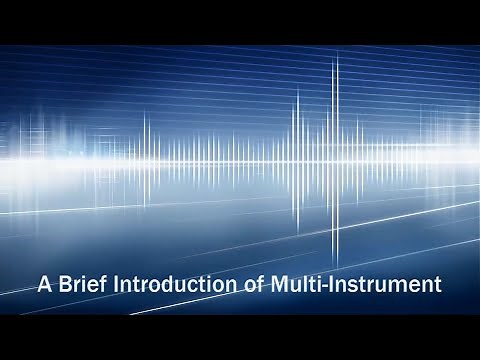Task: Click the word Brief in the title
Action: coord(81,284)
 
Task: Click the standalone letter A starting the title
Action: coord(43,284)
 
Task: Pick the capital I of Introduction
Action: coord(118,284)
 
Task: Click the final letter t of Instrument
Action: coord(437,284)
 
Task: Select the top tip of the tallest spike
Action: coord(336,52)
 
